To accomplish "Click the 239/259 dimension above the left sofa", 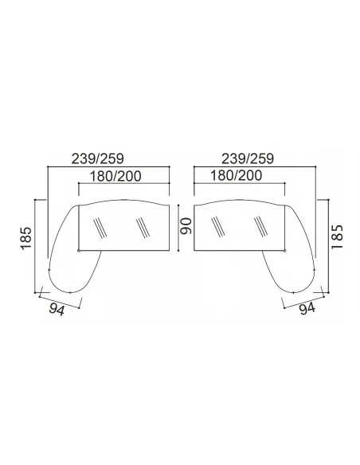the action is click(x=97, y=159).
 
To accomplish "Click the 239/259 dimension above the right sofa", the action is click(x=248, y=159).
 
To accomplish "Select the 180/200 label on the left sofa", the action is click(x=115, y=176).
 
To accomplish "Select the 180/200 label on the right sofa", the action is click(x=236, y=175).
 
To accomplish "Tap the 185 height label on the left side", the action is click(x=26, y=238).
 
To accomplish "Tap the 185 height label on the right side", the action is click(x=337, y=237).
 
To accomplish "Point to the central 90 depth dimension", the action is click(x=186, y=226).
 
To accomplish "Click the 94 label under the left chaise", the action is click(x=57, y=310).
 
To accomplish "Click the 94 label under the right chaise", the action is click(x=307, y=309).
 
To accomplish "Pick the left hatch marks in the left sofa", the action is click(x=100, y=228).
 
